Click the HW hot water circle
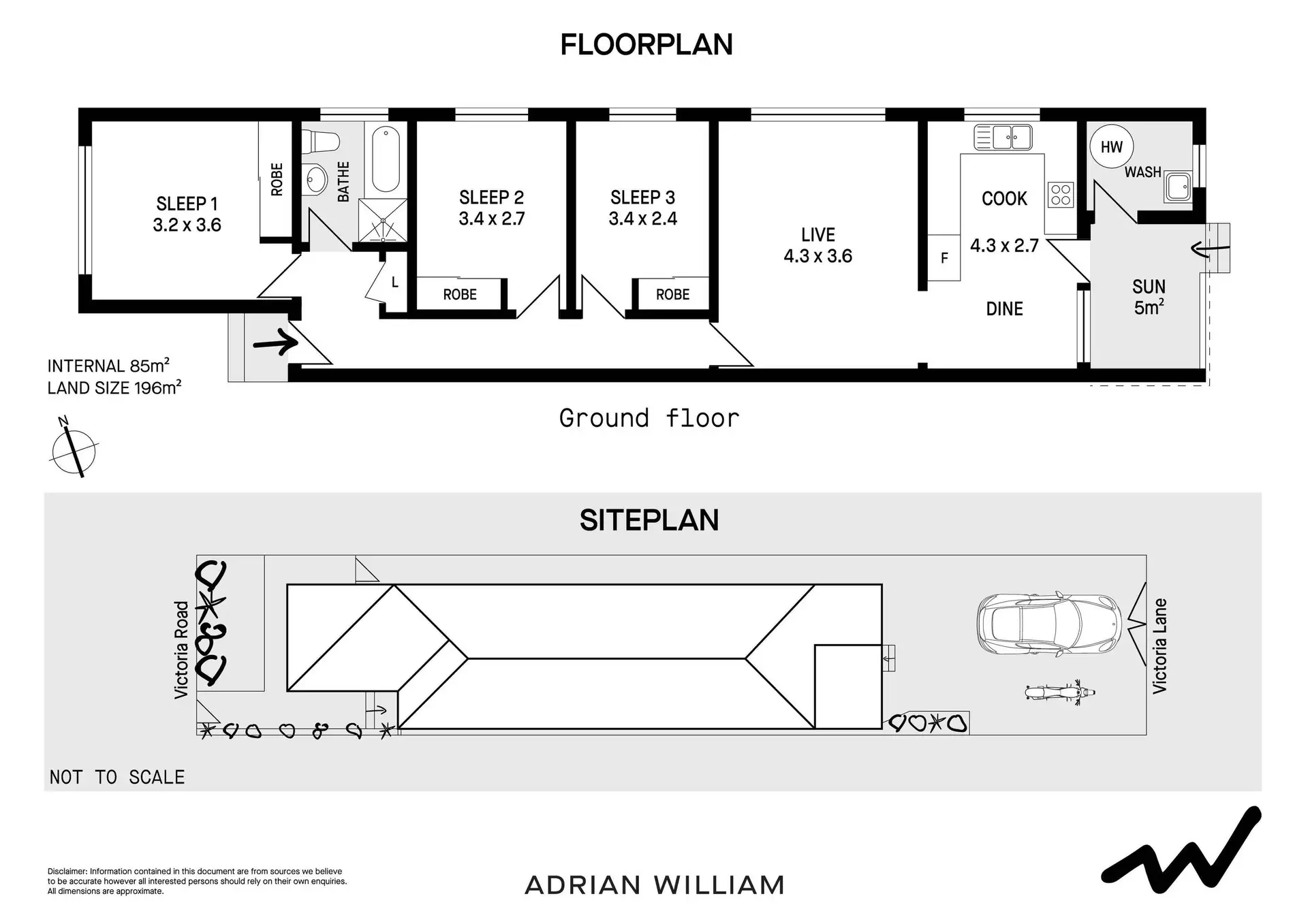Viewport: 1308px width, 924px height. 1111,146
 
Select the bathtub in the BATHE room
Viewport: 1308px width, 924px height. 386,159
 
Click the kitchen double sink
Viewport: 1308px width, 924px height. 1003,137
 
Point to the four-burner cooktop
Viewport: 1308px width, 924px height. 1061,194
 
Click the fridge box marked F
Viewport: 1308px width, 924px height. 944,257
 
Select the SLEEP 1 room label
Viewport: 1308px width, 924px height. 187,204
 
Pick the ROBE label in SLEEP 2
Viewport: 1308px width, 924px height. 460,295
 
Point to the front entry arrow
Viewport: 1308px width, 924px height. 275,341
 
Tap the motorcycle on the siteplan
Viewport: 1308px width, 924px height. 1059,692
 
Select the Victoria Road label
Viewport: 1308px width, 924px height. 181,650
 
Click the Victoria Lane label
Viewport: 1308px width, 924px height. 1159,646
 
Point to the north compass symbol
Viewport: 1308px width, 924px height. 74,449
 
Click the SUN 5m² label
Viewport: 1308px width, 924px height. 1149,298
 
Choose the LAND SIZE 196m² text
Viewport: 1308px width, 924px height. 114,388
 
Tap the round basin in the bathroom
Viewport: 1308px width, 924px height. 315,180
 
